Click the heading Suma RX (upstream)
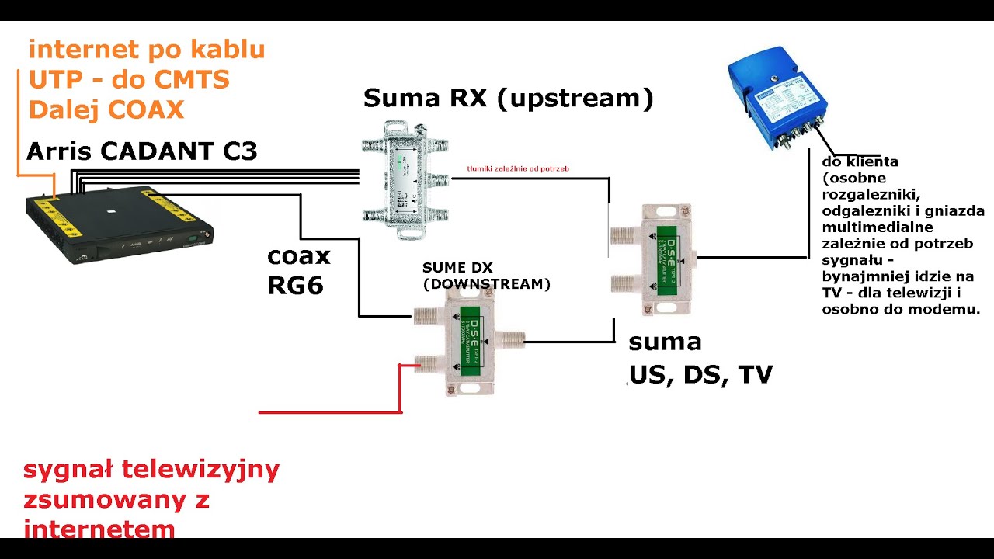[508, 99]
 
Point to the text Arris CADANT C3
[141, 151]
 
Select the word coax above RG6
[299, 256]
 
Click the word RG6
[295, 286]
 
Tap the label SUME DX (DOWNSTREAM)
[486, 276]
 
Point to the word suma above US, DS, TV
[665, 342]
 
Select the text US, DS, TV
[700, 374]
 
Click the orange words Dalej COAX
[106, 109]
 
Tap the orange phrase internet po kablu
[147, 50]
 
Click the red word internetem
[99, 529]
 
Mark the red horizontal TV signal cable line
[326, 412]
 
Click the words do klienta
[860, 162]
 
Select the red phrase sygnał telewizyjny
[151, 470]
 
